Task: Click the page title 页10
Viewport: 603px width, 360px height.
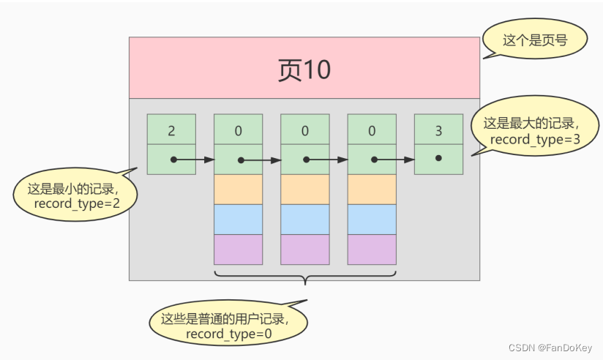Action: (x=304, y=70)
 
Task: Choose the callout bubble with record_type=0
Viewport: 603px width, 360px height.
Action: (x=228, y=326)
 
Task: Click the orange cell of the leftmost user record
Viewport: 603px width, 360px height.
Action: (x=238, y=190)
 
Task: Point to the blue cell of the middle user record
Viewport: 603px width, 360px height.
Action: (x=304, y=220)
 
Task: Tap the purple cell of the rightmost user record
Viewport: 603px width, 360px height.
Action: (x=372, y=250)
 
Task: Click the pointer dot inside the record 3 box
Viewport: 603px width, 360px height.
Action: (x=438, y=159)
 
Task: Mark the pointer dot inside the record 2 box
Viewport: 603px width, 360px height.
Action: (x=173, y=159)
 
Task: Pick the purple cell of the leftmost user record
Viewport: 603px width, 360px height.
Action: (x=238, y=250)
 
